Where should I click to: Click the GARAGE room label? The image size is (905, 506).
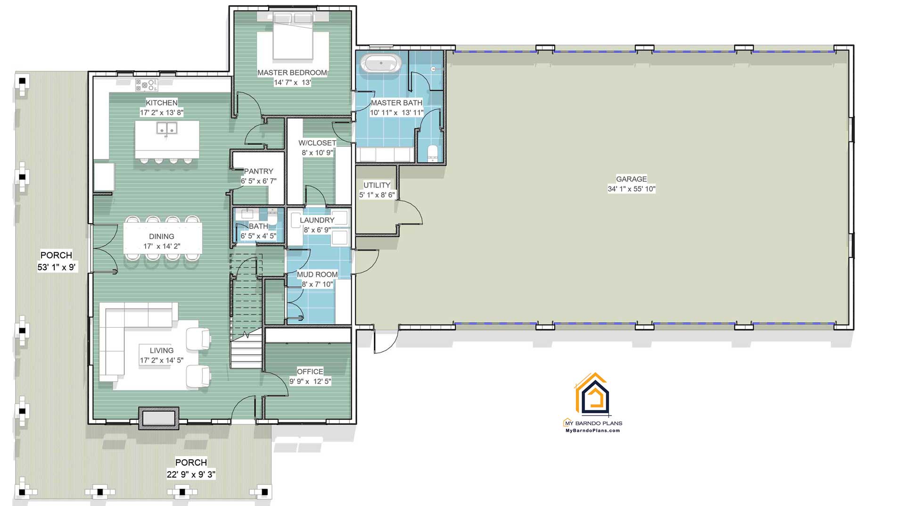631,179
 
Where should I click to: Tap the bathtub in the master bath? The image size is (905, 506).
381,63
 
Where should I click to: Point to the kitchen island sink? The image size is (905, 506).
167,128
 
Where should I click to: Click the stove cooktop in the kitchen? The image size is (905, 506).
147,85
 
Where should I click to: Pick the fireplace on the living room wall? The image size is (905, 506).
158,418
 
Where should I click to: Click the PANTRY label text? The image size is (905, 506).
258,171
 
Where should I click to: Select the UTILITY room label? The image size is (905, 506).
377,185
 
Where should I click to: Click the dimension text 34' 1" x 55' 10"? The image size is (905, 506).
631,189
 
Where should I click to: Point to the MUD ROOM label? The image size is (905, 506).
317,274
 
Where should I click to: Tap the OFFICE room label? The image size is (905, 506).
310,372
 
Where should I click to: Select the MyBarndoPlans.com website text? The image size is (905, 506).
592,431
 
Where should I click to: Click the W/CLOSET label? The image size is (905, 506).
317,143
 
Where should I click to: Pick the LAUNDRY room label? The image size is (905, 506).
317,220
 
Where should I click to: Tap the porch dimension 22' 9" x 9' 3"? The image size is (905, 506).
191,474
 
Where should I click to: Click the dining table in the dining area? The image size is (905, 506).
163,238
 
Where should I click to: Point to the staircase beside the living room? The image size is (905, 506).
246,311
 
